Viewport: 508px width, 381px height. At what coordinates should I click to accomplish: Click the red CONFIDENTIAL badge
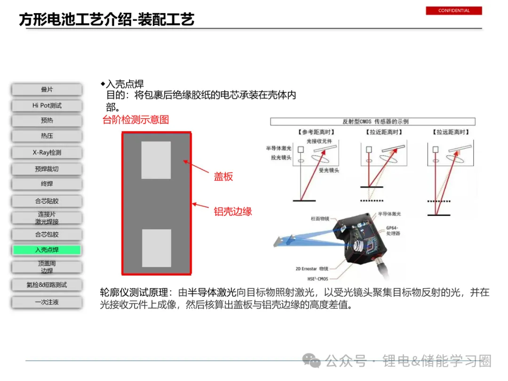coord(453,10)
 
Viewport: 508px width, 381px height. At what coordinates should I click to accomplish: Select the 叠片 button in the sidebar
coord(47,89)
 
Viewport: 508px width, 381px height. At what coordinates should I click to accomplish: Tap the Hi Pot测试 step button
coord(47,105)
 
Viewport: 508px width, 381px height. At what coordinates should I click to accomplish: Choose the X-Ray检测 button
coord(47,152)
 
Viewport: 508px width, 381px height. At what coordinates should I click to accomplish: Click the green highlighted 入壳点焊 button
coord(47,250)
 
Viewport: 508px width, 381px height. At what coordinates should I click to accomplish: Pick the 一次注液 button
coord(47,302)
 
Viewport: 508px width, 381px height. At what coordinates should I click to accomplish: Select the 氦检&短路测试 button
coord(47,285)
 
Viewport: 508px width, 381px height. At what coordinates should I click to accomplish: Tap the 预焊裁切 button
coord(47,169)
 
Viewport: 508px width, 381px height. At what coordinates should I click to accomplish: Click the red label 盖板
coord(223,176)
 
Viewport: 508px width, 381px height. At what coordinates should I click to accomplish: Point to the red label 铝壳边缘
coord(233,211)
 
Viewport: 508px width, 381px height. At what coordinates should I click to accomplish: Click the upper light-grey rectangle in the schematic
coord(156,160)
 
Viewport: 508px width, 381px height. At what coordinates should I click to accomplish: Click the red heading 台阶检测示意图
coord(135,119)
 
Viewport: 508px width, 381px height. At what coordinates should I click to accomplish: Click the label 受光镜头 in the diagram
coord(329,170)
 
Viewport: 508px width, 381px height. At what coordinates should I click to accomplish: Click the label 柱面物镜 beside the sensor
coord(320,219)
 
